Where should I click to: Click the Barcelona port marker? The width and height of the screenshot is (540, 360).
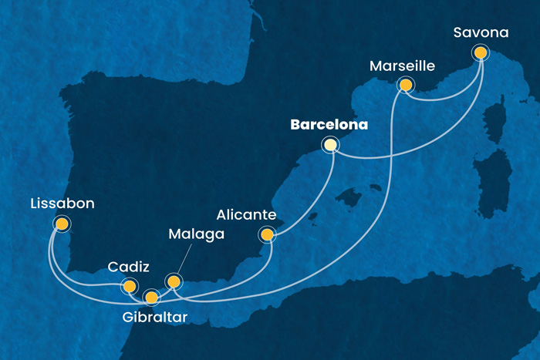pyautogui.click(x=331, y=144)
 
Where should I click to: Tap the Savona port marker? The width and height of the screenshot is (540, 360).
pyautogui.click(x=481, y=53)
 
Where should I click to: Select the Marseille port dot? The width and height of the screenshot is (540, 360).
pyautogui.click(x=403, y=86)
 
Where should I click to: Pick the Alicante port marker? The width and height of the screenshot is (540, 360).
pyautogui.click(x=267, y=235)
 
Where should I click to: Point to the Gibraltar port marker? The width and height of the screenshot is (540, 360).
pyautogui.click(x=151, y=297)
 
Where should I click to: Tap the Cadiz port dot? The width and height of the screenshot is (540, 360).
pyautogui.click(x=129, y=287)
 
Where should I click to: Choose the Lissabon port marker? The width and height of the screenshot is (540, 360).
pyautogui.click(x=61, y=224)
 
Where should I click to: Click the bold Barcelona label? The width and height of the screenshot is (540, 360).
pyautogui.click(x=328, y=123)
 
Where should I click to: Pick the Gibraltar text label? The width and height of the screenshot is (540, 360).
pyautogui.click(x=154, y=316)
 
